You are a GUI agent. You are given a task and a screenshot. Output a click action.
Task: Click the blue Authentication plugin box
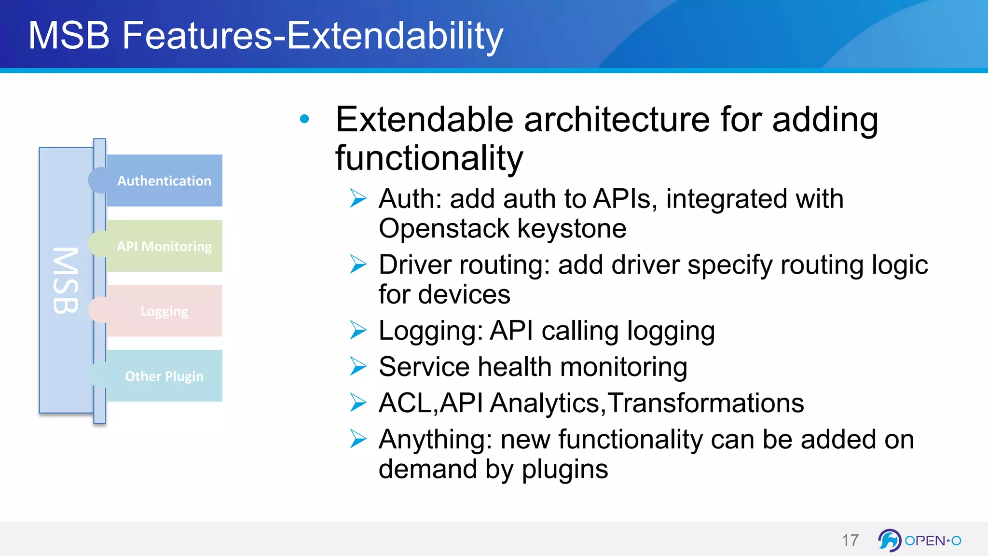pos(164,181)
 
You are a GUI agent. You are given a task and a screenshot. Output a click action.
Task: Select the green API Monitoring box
pos(164,246)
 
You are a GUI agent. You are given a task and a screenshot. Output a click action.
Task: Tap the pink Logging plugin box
pos(164,311)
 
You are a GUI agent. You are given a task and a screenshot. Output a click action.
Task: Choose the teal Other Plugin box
pos(164,376)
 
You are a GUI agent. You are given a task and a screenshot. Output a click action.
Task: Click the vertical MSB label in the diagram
pos(66,280)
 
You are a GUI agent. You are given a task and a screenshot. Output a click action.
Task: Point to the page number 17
pos(850,540)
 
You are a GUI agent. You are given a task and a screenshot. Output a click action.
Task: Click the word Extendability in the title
pos(395,36)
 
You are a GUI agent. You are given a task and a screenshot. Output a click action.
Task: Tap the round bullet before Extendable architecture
pos(304,119)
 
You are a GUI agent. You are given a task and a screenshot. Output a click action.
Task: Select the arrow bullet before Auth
pos(358,198)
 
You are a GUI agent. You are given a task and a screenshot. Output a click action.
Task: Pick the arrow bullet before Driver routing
pos(358,264)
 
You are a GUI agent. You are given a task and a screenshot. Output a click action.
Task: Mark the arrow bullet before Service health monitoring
pos(358,366)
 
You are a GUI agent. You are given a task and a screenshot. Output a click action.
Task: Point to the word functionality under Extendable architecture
pos(429,158)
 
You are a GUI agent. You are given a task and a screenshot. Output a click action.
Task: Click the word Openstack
pos(444,228)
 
